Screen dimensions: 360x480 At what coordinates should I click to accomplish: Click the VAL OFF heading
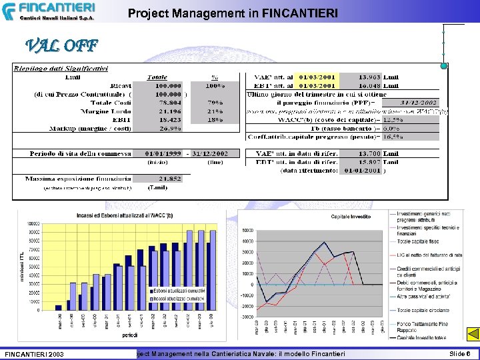(x=61, y=46)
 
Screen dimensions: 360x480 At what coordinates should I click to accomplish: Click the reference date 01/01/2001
(x=360, y=171)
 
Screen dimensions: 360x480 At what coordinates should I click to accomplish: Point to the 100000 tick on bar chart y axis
(x=33, y=223)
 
